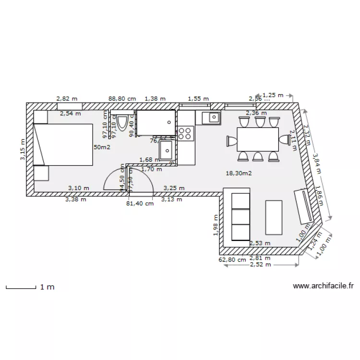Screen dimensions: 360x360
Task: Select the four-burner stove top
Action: pyautogui.click(x=185, y=133)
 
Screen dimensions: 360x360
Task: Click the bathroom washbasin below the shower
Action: pyautogui.click(x=167, y=149)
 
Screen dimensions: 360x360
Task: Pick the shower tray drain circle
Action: pyautogui.click(x=169, y=122)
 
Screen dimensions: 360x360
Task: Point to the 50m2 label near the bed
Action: pyautogui.click(x=102, y=147)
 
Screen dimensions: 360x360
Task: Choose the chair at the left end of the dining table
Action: pyautogui.click(x=232, y=141)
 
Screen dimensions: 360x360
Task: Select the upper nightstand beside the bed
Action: pyautogui.click(x=41, y=117)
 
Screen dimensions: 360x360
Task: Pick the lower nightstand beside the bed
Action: pyautogui.click(x=41, y=173)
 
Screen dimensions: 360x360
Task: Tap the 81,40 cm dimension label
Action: pyautogui.click(x=140, y=204)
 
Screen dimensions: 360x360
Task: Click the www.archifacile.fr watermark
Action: pyautogui.click(x=323, y=286)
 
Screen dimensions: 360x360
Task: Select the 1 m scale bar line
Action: pyautogui.click(x=21, y=288)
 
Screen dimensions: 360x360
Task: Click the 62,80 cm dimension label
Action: pyautogui.click(x=232, y=260)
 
